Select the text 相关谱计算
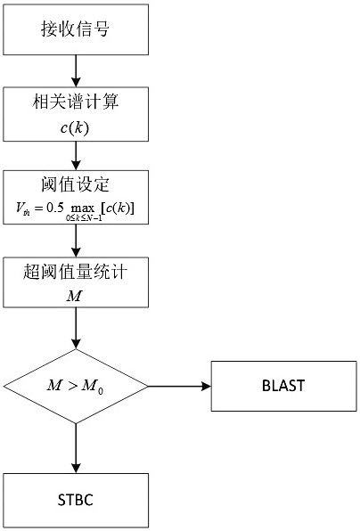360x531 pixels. (x=76, y=102)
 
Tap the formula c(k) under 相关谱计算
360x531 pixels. (x=75, y=128)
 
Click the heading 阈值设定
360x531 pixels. (x=75, y=185)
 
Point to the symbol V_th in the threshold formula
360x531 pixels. (x=22, y=208)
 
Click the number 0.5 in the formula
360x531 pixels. (x=55, y=208)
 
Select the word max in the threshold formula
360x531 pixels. (x=83, y=209)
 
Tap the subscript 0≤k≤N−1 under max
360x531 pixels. (x=84, y=218)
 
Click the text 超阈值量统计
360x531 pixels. (x=75, y=272)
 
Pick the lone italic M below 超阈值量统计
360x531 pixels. (x=74, y=297)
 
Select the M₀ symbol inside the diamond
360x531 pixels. (x=93, y=387)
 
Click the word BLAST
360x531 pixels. (x=283, y=386)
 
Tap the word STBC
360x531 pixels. (x=76, y=500)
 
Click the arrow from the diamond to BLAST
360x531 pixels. (x=179, y=387)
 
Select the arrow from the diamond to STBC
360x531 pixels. (x=76, y=448)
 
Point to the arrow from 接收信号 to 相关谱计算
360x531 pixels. (x=76, y=70)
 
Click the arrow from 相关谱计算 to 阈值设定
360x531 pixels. (x=76, y=156)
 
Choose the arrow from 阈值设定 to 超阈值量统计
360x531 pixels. (x=76, y=241)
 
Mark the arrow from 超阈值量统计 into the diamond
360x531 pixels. (x=76, y=328)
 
